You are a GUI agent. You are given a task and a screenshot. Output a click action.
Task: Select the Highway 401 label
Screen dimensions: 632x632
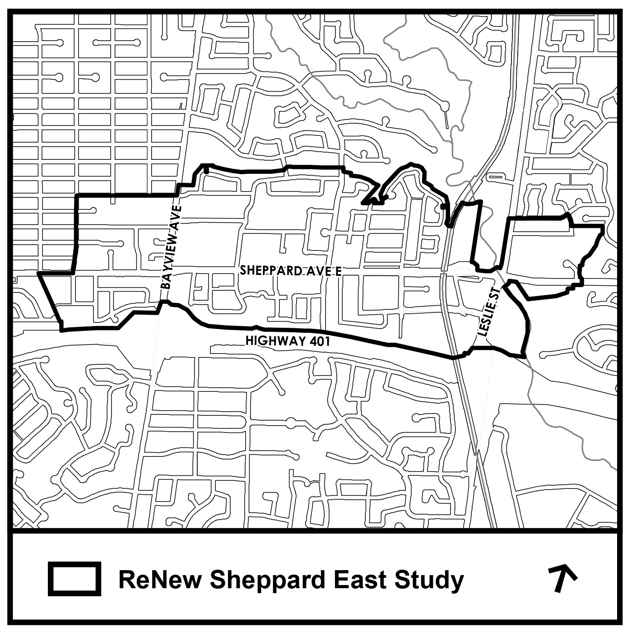pos(288,341)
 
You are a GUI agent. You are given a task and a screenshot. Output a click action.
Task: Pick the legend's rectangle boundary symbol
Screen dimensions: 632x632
pos(74,578)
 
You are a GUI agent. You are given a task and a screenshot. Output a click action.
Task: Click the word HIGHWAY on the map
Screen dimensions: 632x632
pos(275,341)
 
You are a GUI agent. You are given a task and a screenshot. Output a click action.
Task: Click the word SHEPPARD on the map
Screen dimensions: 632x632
pos(267,270)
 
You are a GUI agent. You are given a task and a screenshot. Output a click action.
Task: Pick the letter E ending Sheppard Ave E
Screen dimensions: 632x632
pos(338,271)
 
